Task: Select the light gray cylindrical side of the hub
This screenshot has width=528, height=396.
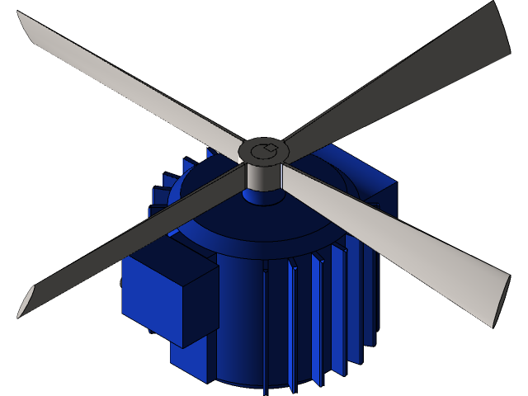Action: pos(263,175)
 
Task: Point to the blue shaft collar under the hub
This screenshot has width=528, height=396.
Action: pos(263,196)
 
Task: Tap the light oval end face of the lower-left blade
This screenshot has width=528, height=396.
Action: pos(26,302)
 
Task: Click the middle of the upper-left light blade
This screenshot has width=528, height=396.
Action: pos(132,82)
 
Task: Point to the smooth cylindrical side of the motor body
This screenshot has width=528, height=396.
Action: pos(239,322)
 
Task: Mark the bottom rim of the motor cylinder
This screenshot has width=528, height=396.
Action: pos(247,383)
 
